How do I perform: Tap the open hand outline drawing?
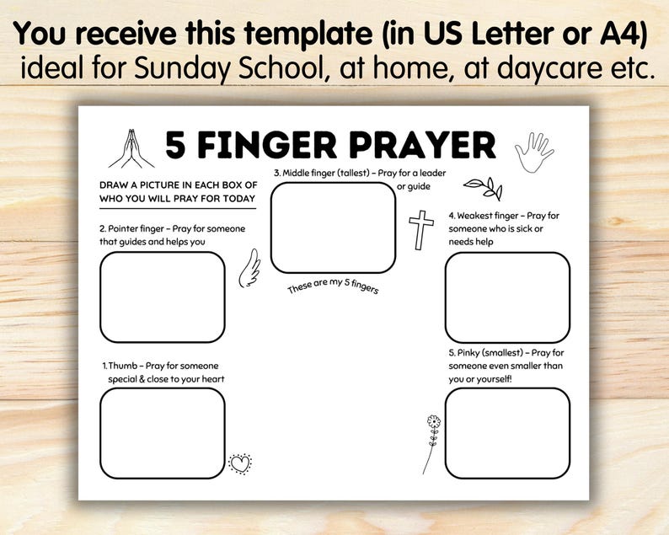[533, 152]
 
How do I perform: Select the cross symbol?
[420, 229]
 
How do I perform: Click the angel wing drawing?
[249, 269]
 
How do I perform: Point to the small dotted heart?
[240, 463]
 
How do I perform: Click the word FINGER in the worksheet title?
[262, 146]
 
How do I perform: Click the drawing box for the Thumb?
[163, 433]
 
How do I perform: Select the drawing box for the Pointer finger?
[163, 297]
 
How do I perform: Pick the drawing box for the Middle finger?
[333, 227]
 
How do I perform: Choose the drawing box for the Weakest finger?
[507, 297]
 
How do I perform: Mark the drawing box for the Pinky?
[507, 433]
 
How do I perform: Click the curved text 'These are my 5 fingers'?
[333, 287]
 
